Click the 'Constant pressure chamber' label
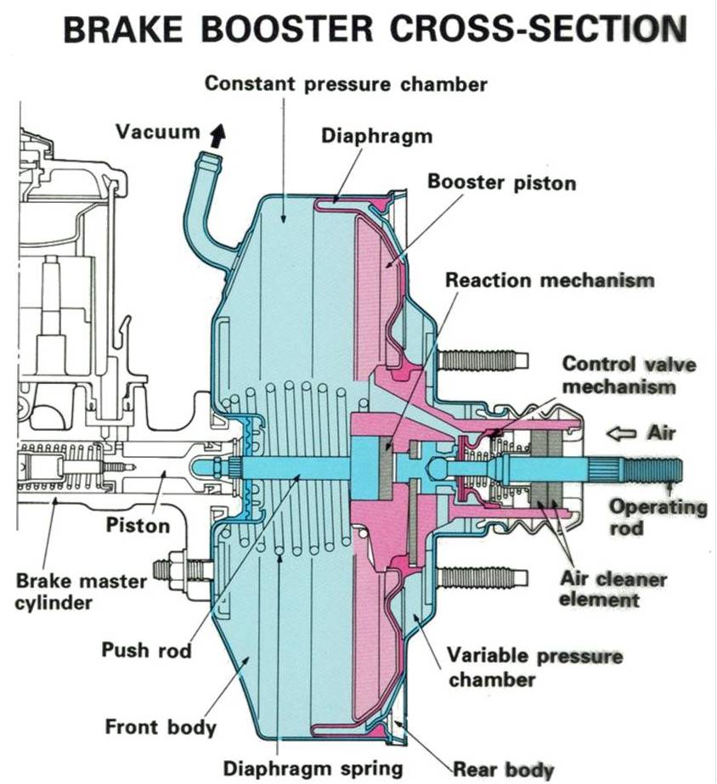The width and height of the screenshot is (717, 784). click(x=346, y=84)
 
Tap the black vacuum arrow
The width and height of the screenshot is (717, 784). click(x=220, y=134)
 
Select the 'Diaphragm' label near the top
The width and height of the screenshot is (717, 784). click(x=376, y=136)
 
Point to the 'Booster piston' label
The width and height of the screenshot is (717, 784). click(x=501, y=182)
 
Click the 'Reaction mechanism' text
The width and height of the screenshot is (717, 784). click(x=550, y=279)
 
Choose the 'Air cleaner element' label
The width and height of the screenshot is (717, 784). click(x=613, y=589)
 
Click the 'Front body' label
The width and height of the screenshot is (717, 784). click(x=161, y=727)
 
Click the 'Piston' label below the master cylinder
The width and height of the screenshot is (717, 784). click(x=138, y=525)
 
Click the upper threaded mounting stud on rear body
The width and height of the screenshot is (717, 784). click(x=483, y=360)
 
